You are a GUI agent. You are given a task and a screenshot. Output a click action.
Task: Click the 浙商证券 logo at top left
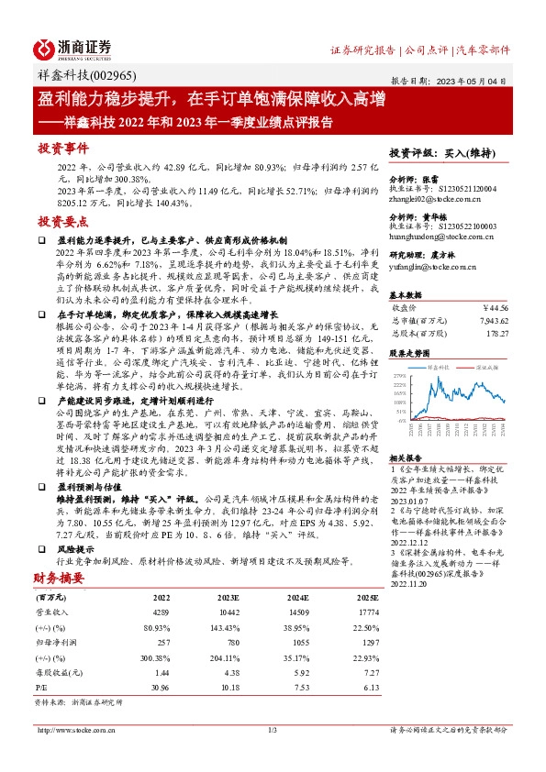(x=72, y=48)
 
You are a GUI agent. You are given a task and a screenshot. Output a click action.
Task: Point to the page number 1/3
(x=272, y=730)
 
